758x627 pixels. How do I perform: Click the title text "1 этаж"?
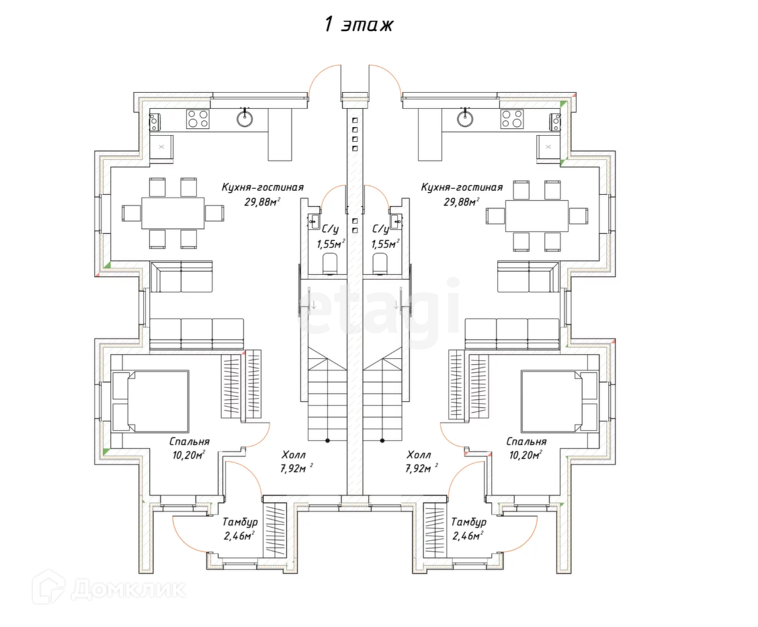click(x=358, y=25)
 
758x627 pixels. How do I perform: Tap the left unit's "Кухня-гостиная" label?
click(x=263, y=187)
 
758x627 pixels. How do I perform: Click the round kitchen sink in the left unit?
click(x=245, y=119)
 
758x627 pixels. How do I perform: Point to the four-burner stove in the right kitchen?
click(x=512, y=119)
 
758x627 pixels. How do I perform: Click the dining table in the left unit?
click(x=173, y=212)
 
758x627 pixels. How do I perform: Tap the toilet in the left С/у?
click(x=330, y=263)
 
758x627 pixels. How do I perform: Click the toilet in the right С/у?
click(x=380, y=263)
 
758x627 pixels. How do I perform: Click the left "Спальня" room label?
click(x=189, y=442)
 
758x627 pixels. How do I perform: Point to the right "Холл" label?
click(x=419, y=455)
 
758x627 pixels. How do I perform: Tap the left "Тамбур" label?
click(x=240, y=522)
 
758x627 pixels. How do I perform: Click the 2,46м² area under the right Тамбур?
click(x=468, y=536)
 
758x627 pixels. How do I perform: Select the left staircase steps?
click(x=327, y=396)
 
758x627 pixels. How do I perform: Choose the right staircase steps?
click(x=383, y=396)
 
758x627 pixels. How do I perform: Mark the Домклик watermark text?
click(x=127, y=589)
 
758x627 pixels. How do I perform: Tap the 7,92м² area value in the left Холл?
click(x=295, y=468)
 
